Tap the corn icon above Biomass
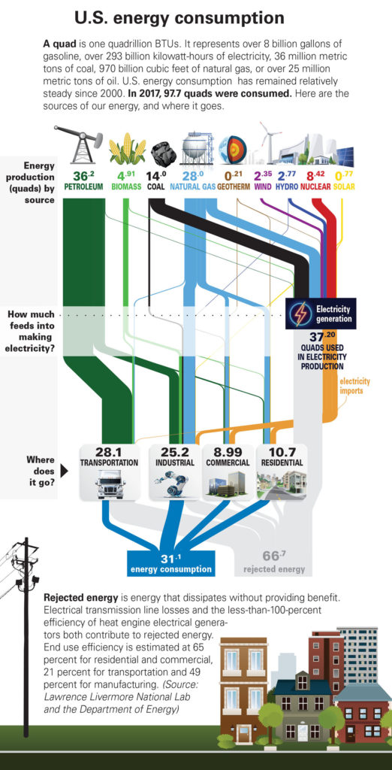click(128, 149)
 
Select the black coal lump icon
click(163, 151)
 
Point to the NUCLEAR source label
click(315, 186)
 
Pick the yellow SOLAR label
click(344, 186)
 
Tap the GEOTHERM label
click(234, 186)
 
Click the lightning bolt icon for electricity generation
click(300, 314)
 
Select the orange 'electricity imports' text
click(354, 387)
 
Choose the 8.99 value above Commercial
click(228, 452)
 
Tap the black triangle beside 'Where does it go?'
click(64, 471)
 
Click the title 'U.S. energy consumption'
click(179, 19)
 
